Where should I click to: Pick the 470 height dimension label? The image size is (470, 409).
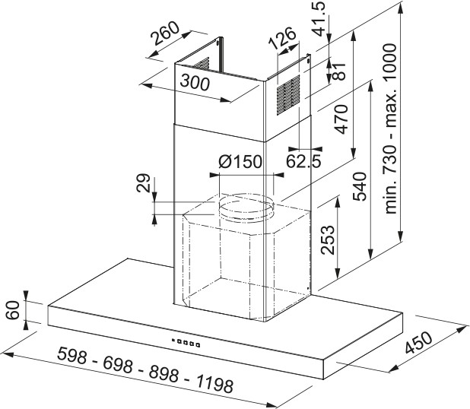[340, 119]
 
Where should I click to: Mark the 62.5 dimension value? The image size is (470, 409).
[303, 160]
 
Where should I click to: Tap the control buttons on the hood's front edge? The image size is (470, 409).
[186, 342]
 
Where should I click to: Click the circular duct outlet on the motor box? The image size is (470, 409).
[245, 205]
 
